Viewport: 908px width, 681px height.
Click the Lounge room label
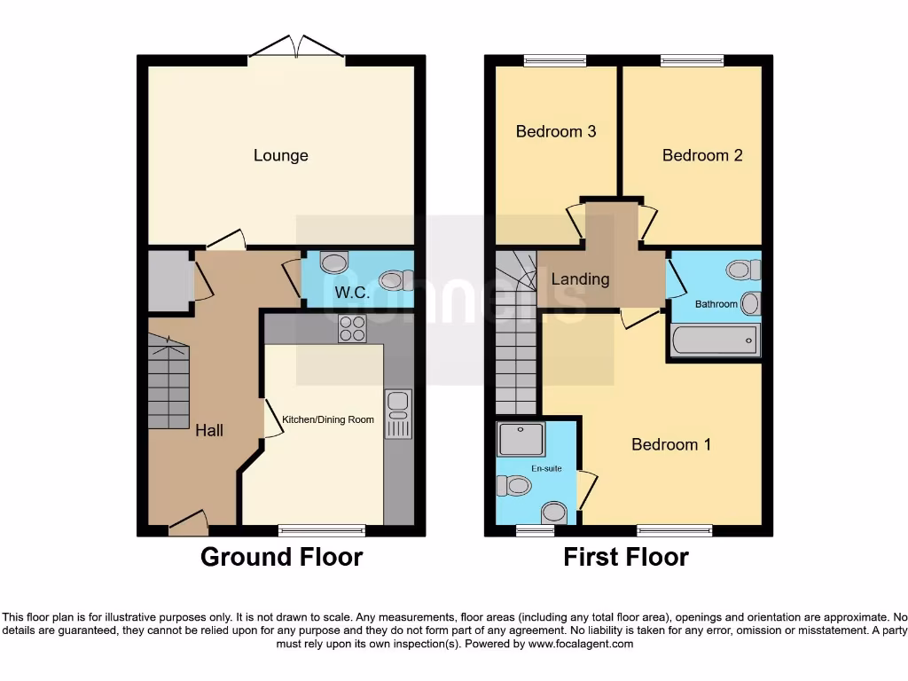tap(280, 155)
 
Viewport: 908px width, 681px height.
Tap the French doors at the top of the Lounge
tap(296, 49)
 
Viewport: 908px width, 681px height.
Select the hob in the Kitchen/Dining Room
tap(352, 329)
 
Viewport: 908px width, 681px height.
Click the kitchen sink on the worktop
tap(397, 413)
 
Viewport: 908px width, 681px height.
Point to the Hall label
tap(209, 430)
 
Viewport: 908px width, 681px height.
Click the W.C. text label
tap(351, 292)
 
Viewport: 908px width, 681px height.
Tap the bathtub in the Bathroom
tap(714, 340)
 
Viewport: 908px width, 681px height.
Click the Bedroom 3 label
tap(555, 131)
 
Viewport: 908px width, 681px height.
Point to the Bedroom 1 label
tap(670, 444)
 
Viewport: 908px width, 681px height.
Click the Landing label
tap(580, 278)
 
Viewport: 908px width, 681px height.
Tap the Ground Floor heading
tap(281, 557)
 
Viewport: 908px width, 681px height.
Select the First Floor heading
tap(626, 557)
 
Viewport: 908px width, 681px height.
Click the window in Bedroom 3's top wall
tap(554, 61)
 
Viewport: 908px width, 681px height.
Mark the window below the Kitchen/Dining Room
tap(321, 530)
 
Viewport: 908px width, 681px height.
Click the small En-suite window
tap(535, 530)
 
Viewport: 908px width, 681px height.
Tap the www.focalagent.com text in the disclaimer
tap(581, 644)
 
